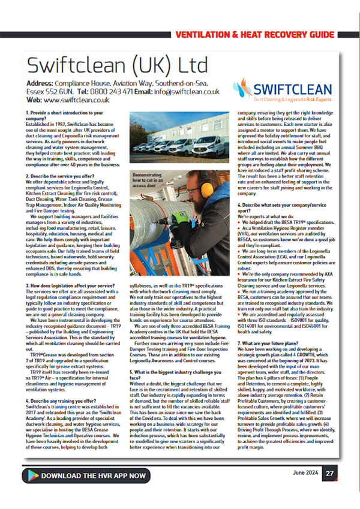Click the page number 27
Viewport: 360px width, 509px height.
click(x=330, y=473)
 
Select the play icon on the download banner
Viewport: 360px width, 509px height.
click(x=31, y=475)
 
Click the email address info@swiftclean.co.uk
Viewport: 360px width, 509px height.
click(x=194, y=92)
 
